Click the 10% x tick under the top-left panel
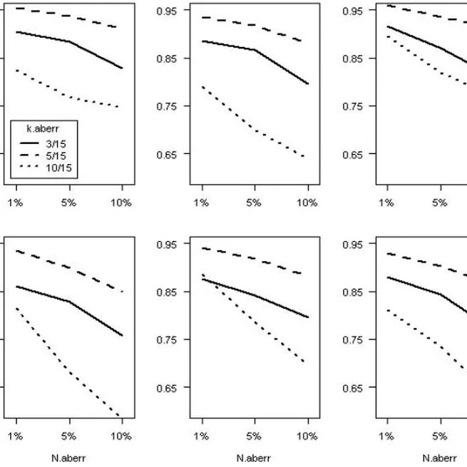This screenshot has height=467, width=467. (121, 202)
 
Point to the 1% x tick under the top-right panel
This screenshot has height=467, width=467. (386, 202)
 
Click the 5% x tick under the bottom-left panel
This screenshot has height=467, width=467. (68, 436)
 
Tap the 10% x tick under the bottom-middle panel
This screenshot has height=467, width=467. (307, 436)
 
